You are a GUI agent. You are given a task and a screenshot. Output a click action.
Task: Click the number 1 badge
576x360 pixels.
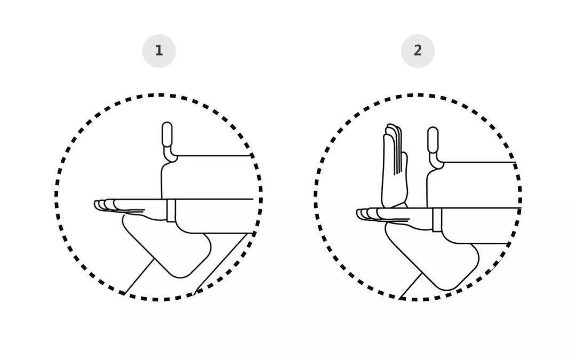[x=159, y=51]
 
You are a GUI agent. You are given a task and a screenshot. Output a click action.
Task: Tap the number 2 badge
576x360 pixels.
[x=418, y=51]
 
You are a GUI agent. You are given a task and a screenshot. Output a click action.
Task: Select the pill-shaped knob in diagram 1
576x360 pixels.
[x=167, y=134]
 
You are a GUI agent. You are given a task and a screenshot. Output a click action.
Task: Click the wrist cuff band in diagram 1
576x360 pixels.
[x=171, y=211]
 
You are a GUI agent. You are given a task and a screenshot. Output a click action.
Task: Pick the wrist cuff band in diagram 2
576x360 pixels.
[x=437, y=220]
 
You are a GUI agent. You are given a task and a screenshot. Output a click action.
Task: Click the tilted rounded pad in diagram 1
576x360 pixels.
[x=167, y=246]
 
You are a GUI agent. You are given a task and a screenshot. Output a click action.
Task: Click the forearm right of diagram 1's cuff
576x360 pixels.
[x=215, y=216]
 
